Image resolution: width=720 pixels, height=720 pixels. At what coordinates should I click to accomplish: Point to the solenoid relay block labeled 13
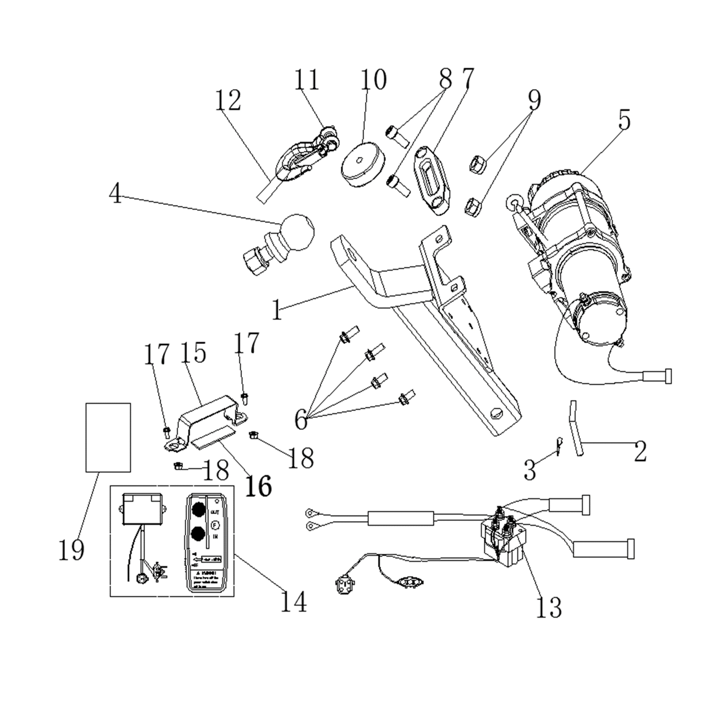(x=503, y=540)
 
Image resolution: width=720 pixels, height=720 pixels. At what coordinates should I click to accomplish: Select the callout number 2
(x=640, y=451)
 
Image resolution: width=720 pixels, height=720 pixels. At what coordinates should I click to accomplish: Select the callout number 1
(x=276, y=310)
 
